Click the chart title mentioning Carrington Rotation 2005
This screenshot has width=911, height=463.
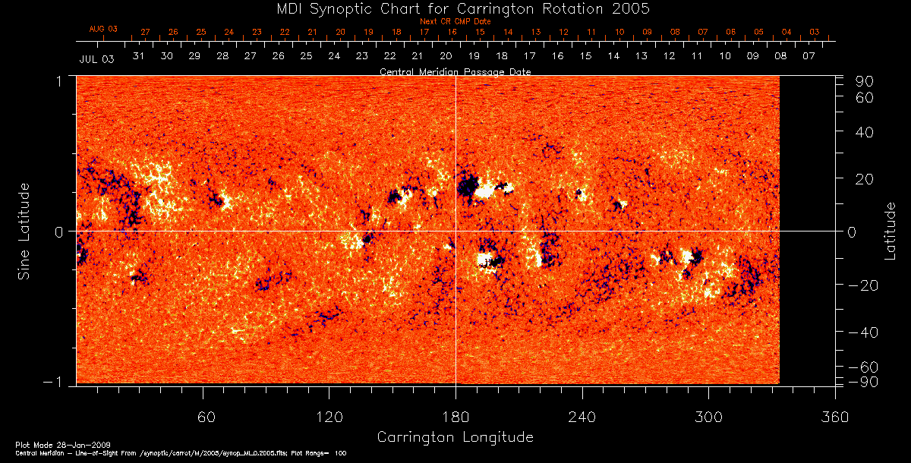pyautogui.click(x=455, y=8)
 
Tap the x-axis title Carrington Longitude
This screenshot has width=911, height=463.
pyautogui.click(x=455, y=437)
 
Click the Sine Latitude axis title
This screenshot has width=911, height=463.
pyautogui.click(x=24, y=231)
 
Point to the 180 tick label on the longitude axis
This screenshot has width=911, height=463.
pyautogui.click(x=455, y=417)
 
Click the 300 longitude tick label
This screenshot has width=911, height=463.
pyautogui.click(x=708, y=417)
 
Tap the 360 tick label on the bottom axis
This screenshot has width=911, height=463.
pyautogui.click(x=835, y=417)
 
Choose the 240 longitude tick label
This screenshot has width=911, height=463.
pyautogui.click(x=582, y=417)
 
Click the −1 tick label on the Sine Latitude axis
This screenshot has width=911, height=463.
pyautogui.click(x=60, y=382)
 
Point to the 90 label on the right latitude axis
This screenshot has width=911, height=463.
pyautogui.click(x=865, y=81)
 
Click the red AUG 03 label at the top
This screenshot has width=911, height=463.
pyautogui.click(x=103, y=29)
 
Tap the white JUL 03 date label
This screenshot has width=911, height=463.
pyautogui.click(x=96, y=58)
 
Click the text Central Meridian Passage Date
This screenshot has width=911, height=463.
pyautogui.click(x=455, y=72)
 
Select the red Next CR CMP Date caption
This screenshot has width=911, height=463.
pyautogui.click(x=455, y=21)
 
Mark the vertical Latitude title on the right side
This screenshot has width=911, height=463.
pyautogui.click(x=890, y=231)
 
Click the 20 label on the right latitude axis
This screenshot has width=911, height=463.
pyautogui.click(x=865, y=178)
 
